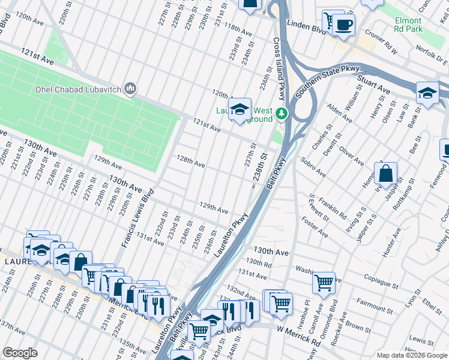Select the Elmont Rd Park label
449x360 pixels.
pos(408,25)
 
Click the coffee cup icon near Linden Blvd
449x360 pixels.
pos(344,25)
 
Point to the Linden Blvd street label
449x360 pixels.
pos(306,26)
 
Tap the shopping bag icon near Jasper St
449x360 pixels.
pos(387,174)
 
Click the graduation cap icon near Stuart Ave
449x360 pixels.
pos(427,94)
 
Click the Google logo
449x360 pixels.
pos(20,353)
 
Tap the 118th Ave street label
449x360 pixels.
pos(238,30)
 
